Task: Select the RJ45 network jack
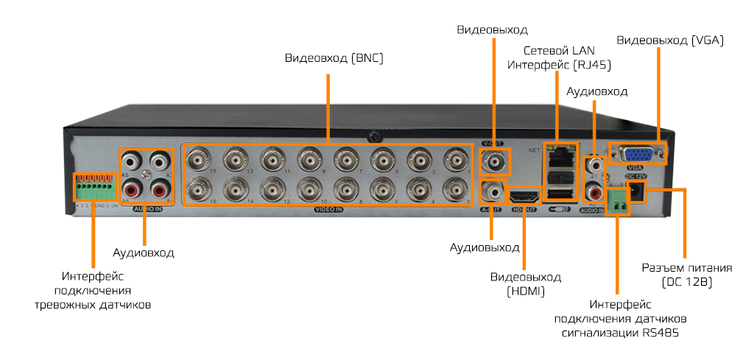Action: tap(561, 155)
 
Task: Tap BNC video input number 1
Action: tap(455, 158)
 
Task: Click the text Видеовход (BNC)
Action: tap(334, 57)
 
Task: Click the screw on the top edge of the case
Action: tap(376, 136)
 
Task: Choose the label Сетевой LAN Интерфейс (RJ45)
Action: tap(568, 57)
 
